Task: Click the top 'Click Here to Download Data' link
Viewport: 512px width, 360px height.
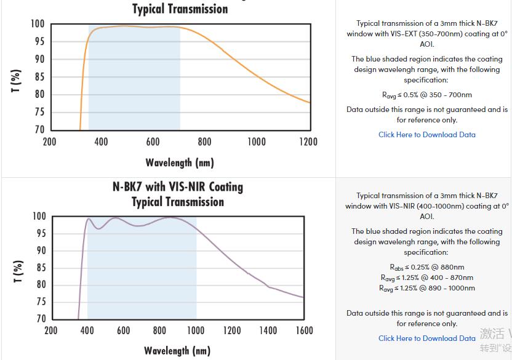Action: (426, 135)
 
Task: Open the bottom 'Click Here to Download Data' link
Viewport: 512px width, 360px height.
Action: (426, 338)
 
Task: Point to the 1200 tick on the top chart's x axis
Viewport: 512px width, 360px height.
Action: (308, 142)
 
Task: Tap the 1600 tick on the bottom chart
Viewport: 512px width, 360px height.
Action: (304, 331)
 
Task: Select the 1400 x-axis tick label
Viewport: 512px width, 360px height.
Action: (268, 331)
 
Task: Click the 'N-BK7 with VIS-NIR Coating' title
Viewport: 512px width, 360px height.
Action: (178, 187)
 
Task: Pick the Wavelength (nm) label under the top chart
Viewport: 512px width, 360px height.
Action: (180, 163)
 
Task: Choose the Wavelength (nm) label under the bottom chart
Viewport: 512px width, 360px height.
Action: (177, 351)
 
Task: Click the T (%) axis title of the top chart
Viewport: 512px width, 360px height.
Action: (16, 81)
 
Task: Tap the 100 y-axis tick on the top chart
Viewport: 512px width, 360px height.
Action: (38, 25)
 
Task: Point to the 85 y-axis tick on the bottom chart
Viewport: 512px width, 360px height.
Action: (40, 268)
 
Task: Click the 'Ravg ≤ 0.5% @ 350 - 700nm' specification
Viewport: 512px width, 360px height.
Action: (426, 95)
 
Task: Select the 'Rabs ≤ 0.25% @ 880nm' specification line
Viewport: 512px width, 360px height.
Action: (426, 268)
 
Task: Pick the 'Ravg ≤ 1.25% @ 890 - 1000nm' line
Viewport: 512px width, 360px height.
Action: (426, 289)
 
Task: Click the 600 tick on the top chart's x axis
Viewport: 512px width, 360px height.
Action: (153, 142)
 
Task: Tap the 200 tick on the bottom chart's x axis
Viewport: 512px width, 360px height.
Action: (51, 331)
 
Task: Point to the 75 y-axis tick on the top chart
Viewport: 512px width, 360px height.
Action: (39, 112)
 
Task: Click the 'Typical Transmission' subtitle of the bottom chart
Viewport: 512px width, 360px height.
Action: (178, 202)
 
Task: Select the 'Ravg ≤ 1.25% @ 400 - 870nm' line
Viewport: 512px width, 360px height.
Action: (426, 278)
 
